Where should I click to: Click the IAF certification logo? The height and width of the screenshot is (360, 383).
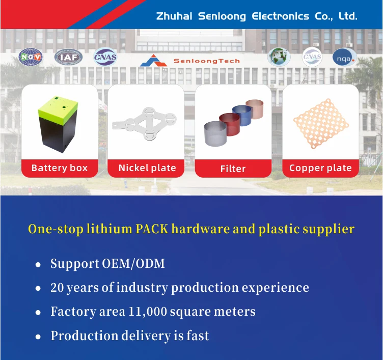(x=68, y=58)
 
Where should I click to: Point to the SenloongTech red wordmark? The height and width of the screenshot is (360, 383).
(x=206, y=61)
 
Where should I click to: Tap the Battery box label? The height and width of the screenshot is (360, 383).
(x=60, y=168)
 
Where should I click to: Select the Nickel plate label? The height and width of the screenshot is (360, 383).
(x=147, y=168)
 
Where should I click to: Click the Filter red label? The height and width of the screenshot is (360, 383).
(x=233, y=169)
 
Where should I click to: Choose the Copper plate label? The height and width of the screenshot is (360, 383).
(x=320, y=168)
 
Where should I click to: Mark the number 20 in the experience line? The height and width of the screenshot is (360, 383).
(x=57, y=288)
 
